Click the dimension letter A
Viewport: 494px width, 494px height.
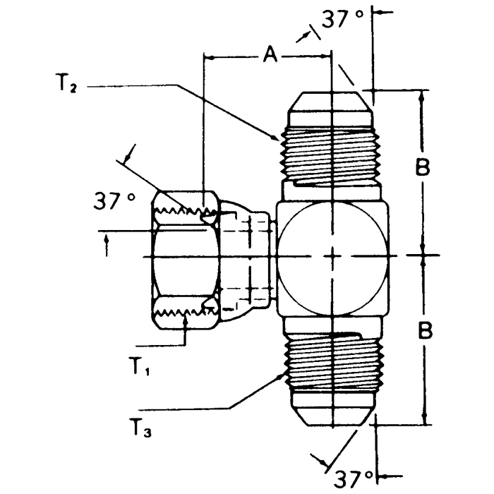(x=270, y=53)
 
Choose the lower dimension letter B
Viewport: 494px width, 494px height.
(x=423, y=330)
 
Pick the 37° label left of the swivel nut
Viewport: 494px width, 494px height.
(x=115, y=202)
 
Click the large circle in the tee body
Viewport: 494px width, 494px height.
(x=296, y=233)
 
